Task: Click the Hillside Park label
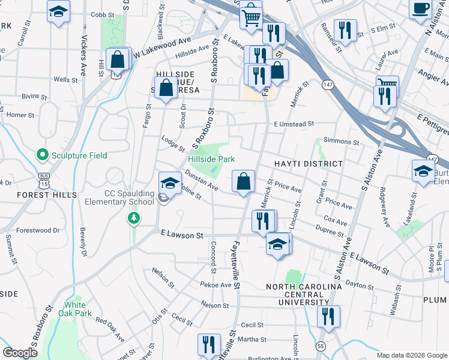(208, 159)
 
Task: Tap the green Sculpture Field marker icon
(42, 155)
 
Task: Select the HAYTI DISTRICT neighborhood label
(309, 164)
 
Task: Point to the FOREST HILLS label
(47, 195)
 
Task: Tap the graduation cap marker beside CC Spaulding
(170, 182)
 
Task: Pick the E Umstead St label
(294, 124)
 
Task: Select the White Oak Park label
(79, 309)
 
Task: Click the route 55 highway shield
(321, 346)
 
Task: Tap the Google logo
(20, 352)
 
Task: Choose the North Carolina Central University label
(304, 295)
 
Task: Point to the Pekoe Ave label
(215, 285)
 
